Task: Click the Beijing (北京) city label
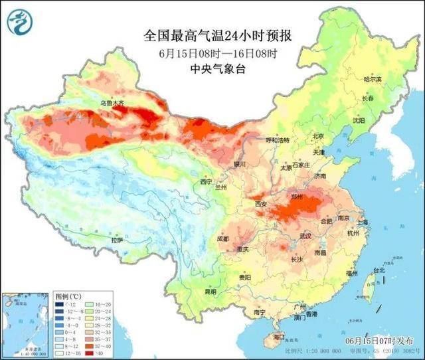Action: point(317,136)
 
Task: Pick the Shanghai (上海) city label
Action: point(362,221)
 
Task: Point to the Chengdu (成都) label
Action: point(222,238)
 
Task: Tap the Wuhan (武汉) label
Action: point(306,236)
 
